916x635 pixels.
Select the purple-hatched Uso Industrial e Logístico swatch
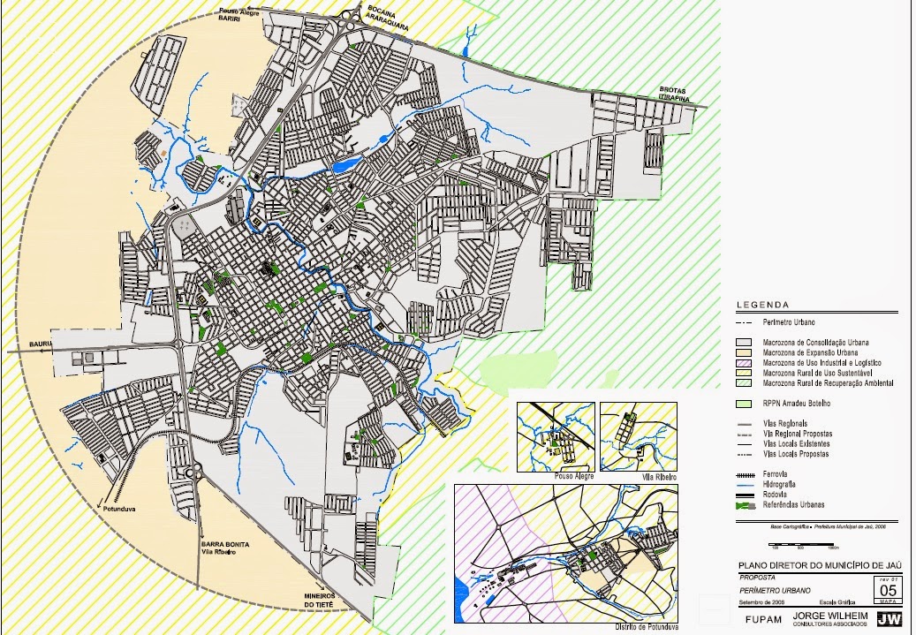(x=747, y=363)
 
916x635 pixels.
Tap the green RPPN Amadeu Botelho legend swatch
(x=747, y=403)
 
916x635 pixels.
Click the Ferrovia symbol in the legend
(x=747, y=474)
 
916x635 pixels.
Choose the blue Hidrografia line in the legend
(x=747, y=485)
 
